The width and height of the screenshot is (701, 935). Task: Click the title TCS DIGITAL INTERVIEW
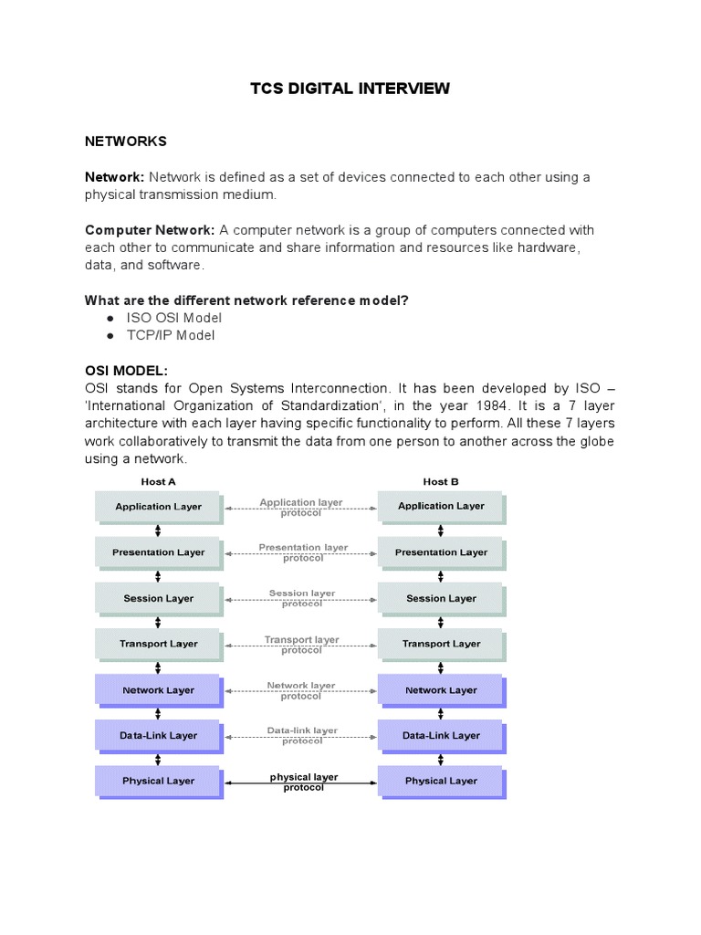click(350, 89)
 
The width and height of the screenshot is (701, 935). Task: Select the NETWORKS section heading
click(125, 142)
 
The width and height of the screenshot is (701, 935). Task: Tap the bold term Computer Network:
click(150, 230)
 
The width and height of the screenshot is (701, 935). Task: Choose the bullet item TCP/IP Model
click(173, 335)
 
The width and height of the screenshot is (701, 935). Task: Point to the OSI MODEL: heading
click(126, 371)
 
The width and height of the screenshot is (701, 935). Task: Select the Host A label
click(158, 481)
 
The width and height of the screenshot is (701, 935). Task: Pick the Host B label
click(441, 481)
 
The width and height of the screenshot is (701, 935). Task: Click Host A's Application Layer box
click(157, 506)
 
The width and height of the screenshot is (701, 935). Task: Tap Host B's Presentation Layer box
click(441, 552)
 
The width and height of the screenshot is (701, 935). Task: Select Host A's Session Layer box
click(158, 599)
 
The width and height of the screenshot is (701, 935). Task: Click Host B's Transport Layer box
click(441, 644)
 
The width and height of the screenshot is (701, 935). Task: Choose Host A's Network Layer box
click(158, 690)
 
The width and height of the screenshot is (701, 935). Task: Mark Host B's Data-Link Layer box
click(441, 735)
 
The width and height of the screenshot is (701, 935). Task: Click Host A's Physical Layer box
click(158, 781)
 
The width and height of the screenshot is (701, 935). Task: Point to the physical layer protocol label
click(303, 782)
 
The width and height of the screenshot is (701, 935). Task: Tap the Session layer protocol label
click(302, 598)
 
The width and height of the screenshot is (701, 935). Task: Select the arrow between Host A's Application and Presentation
click(158, 530)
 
